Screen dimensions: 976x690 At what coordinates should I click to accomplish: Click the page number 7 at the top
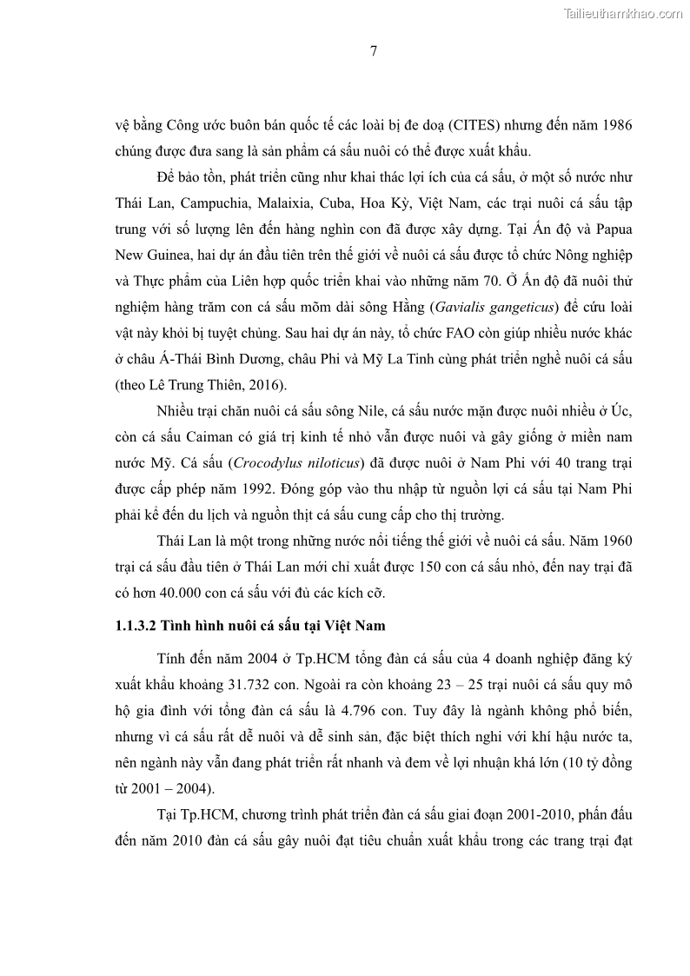[373, 50]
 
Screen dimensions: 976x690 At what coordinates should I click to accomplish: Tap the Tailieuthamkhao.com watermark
[623, 13]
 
